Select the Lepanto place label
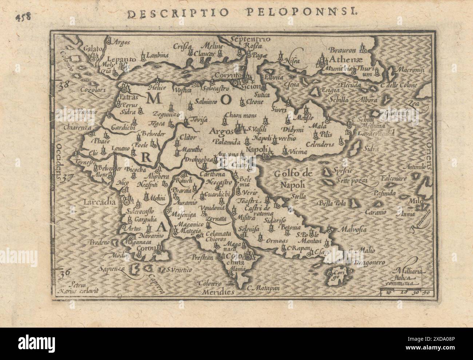[122, 59]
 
